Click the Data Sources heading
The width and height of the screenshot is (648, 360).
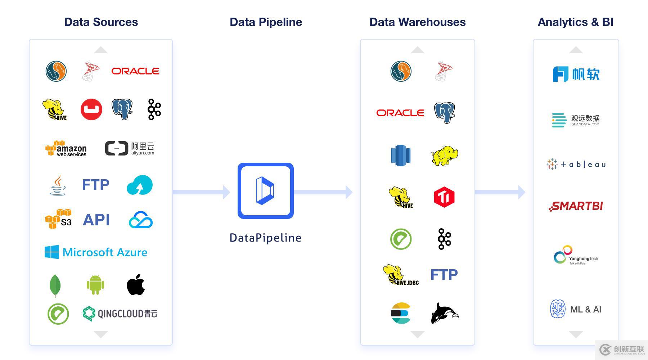[x=101, y=22]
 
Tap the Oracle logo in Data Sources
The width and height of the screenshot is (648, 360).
[x=135, y=71]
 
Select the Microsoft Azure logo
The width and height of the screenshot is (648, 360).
[x=96, y=252]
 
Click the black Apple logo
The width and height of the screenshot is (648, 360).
[x=136, y=285]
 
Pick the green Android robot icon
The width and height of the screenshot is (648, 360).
[x=95, y=284]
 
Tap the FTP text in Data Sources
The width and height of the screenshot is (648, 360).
[x=95, y=185]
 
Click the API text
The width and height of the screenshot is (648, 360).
[x=96, y=220]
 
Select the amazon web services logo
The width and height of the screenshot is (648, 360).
[x=66, y=148]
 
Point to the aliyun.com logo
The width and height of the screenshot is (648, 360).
[x=130, y=148]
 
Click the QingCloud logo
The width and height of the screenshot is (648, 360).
[x=120, y=314]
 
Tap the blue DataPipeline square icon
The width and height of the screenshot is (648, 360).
[x=266, y=191]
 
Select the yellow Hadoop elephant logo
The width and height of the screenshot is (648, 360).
[x=444, y=156]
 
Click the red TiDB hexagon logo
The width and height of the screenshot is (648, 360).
[x=444, y=197]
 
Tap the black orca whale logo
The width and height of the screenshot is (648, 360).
[x=444, y=313]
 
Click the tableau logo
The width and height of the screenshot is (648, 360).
[x=576, y=164]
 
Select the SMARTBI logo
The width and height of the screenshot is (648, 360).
[x=576, y=206]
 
